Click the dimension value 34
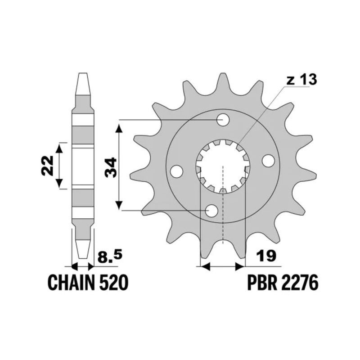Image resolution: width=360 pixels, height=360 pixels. coord(111,167)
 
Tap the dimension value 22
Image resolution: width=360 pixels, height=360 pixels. coord(47,166)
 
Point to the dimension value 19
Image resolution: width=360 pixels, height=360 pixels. coord(266,256)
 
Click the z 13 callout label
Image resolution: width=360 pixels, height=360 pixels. coord(301,80)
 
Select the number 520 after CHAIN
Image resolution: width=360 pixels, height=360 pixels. coord(113,283)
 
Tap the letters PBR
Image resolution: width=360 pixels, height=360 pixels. coord(262,283)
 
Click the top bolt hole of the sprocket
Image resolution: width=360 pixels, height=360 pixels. coord(223,120)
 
